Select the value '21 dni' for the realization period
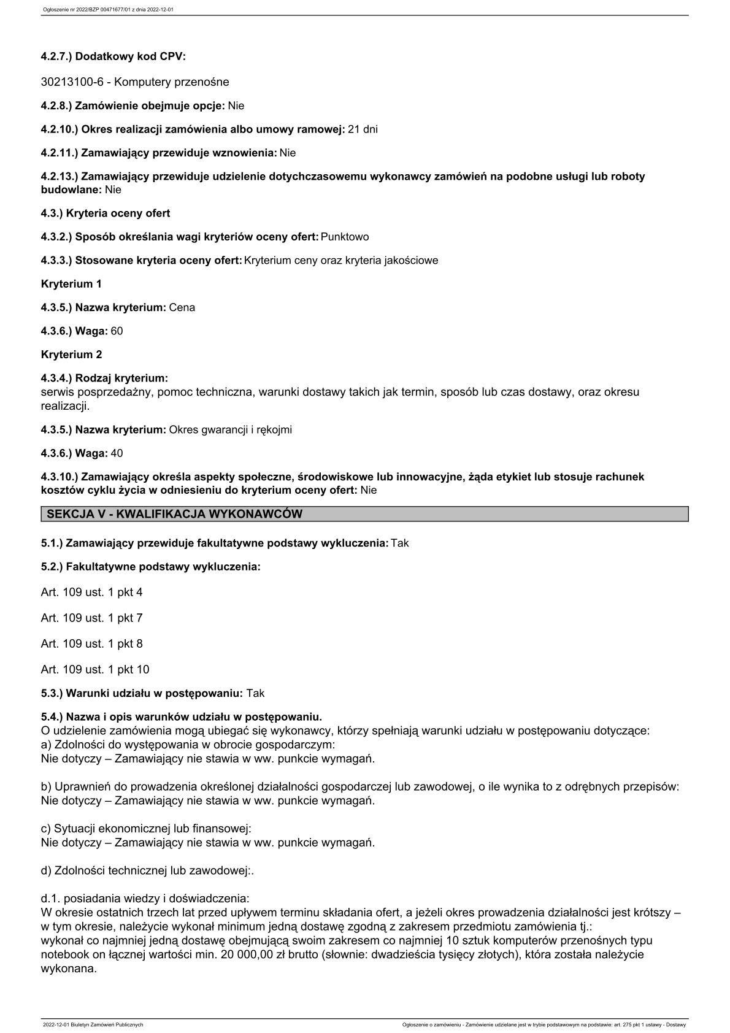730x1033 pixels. pyautogui.click(x=363, y=129)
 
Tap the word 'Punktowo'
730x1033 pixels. pyautogui.click(x=345, y=237)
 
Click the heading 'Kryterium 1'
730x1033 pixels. pyautogui.click(x=71, y=284)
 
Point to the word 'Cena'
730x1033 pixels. pyautogui.click(x=182, y=307)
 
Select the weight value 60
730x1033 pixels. pyautogui.click(x=117, y=331)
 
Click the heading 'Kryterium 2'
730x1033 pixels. pyautogui.click(x=71, y=355)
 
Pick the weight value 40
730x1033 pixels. pyautogui.click(x=117, y=453)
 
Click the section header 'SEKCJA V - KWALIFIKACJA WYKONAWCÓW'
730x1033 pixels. pyautogui.click(x=175, y=514)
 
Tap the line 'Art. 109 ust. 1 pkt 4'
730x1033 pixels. pyautogui.click(x=91, y=593)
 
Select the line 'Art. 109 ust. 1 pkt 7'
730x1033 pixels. pyautogui.click(x=91, y=618)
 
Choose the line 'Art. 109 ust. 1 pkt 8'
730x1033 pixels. pyautogui.click(x=91, y=644)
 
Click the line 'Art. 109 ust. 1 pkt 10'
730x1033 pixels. pyautogui.click(x=95, y=670)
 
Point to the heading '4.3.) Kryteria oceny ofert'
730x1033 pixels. pyautogui.click(x=106, y=213)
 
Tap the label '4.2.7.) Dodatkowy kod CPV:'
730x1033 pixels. pyautogui.click(x=113, y=56)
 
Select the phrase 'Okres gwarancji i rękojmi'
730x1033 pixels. pyautogui.click(x=231, y=430)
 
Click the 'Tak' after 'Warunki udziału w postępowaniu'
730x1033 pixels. pyautogui.click(x=255, y=693)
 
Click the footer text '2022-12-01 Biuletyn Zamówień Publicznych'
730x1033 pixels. pyautogui.click(x=93, y=1024)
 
